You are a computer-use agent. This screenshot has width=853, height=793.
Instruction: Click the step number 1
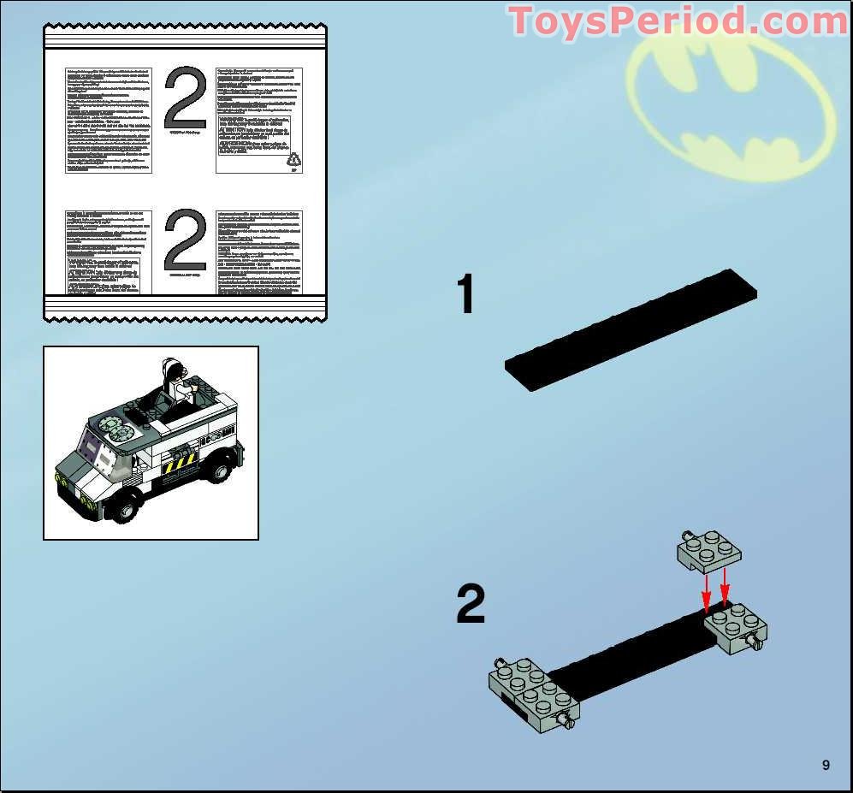point(465,296)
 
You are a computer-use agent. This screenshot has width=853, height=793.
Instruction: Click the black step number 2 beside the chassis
point(471,605)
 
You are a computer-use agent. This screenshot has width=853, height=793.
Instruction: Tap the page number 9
point(826,765)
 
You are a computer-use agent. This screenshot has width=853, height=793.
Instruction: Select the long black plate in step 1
point(631,329)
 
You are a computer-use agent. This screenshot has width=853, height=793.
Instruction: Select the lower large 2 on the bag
point(185,242)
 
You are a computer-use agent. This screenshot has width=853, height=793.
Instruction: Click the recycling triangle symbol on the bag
point(293,159)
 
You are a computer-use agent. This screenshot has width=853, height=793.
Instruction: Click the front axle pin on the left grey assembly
point(564,723)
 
